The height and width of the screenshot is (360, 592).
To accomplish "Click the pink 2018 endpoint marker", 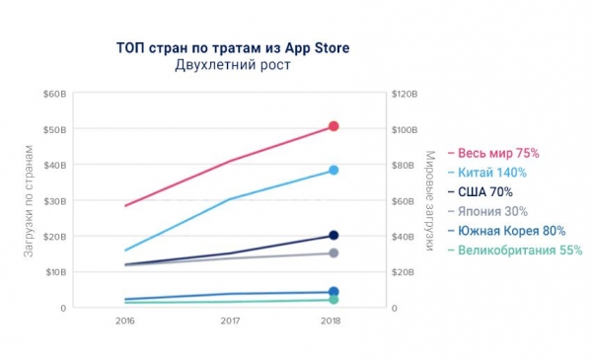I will pyautogui.click(x=333, y=126).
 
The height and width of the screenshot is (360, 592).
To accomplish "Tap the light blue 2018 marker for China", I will pyautogui.click(x=333, y=171).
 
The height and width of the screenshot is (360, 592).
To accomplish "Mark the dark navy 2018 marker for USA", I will pyautogui.click(x=333, y=235).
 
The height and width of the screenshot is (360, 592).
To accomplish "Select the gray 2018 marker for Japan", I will pyautogui.click(x=333, y=253).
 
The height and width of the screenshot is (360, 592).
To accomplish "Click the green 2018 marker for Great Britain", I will pyautogui.click(x=333, y=299).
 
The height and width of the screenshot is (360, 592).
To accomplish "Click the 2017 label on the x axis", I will pyautogui.click(x=229, y=322).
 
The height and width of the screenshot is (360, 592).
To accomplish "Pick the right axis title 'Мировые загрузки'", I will pyautogui.click(x=429, y=201).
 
